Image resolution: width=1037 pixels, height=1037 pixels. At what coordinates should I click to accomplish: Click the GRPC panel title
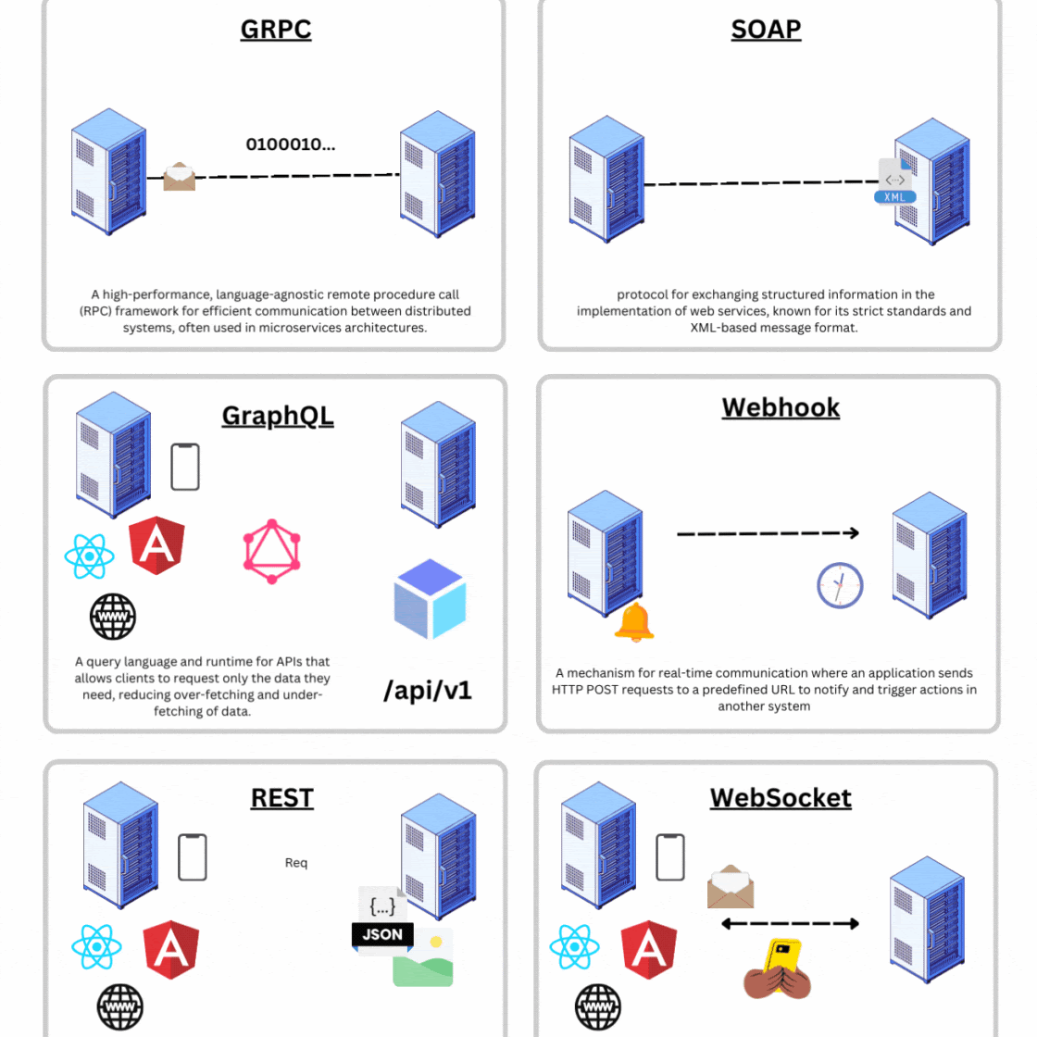click(x=276, y=30)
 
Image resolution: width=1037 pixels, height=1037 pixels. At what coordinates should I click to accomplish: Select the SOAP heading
click(x=766, y=30)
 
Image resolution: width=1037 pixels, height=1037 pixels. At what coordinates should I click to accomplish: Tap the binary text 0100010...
click(x=290, y=144)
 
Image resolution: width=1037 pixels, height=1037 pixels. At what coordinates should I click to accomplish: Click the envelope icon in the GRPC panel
click(x=180, y=177)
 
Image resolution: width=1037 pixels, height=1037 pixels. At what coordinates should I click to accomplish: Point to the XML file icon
click(x=895, y=181)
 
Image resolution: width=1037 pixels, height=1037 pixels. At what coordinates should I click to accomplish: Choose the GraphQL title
click(x=278, y=416)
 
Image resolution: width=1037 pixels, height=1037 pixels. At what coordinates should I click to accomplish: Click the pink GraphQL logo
click(x=271, y=551)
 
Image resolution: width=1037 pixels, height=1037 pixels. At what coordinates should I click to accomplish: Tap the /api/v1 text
click(x=428, y=690)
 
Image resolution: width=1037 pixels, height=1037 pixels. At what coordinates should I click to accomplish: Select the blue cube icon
click(x=431, y=599)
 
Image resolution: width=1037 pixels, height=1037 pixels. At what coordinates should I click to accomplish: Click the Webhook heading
click(x=781, y=407)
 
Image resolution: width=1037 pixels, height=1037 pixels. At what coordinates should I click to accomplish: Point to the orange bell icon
click(x=634, y=622)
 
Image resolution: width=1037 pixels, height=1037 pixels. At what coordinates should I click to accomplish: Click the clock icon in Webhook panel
click(x=840, y=585)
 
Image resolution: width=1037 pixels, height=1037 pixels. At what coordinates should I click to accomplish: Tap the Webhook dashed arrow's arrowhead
click(x=853, y=532)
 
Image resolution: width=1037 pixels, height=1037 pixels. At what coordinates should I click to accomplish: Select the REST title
click(x=282, y=798)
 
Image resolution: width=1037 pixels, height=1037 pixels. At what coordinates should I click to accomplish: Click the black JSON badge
click(x=382, y=934)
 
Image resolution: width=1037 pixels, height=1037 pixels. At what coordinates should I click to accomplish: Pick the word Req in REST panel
click(x=296, y=863)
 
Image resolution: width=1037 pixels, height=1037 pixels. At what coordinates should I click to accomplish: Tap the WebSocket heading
click(x=781, y=798)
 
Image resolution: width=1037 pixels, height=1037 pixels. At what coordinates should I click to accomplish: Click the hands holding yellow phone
click(x=778, y=969)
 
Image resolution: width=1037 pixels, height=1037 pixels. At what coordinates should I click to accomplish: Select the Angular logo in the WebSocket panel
click(x=648, y=950)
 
